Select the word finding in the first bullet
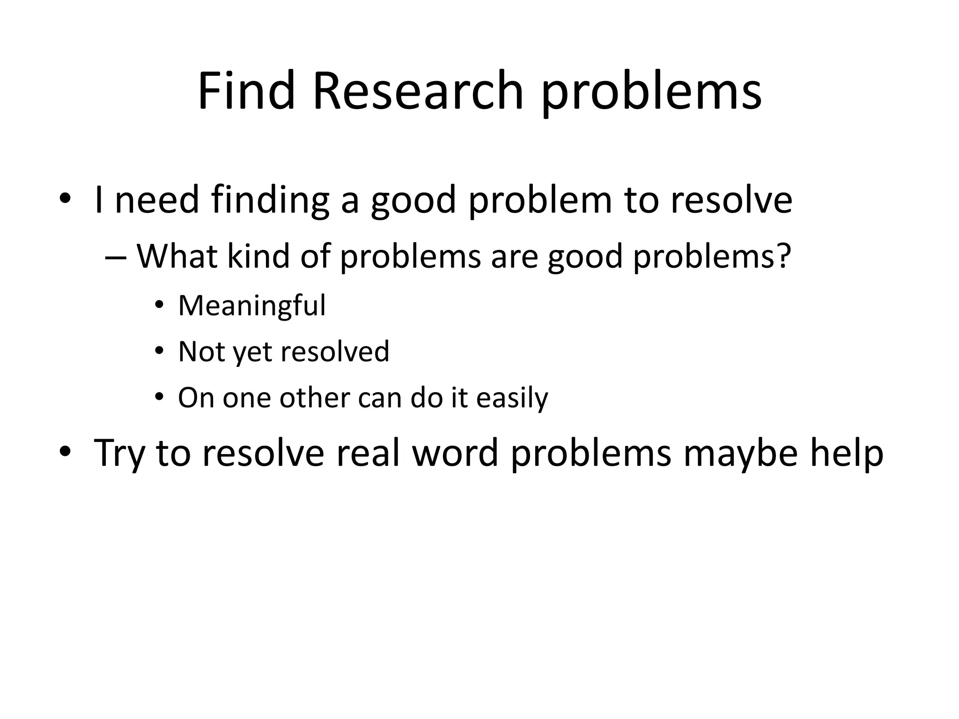pyautogui.click(x=270, y=200)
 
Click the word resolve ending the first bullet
pyautogui.click(x=731, y=200)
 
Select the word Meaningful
pyautogui.click(x=252, y=306)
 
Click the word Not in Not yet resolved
pyautogui.click(x=201, y=352)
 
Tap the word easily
pyautogui.click(x=512, y=398)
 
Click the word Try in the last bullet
pyautogui.click(x=119, y=453)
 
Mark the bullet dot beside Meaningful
pyautogui.click(x=160, y=306)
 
